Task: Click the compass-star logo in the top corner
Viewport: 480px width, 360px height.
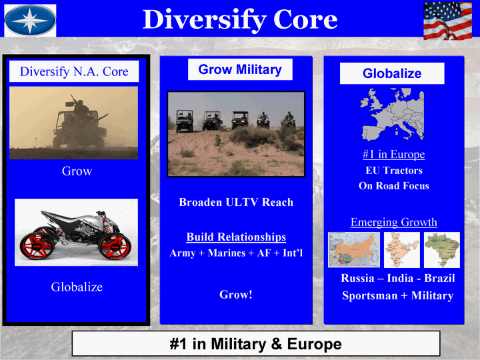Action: pyautogui.click(x=30, y=20)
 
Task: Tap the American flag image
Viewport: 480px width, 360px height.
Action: pyautogui.click(x=447, y=21)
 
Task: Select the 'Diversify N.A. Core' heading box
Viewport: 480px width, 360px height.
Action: pyautogui.click(x=74, y=71)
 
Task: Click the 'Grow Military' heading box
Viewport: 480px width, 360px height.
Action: pyautogui.click(x=240, y=69)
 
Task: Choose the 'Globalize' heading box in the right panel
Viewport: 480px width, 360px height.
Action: pyautogui.click(x=392, y=73)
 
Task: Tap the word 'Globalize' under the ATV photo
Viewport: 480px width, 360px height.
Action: pyautogui.click(x=77, y=287)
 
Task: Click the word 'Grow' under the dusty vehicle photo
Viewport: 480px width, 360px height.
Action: pyautogui.click(x=77, y=171)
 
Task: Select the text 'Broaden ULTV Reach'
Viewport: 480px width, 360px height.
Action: pyautogui.click(x=236, y=202)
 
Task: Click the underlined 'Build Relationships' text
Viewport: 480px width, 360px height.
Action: pyautogui.click(x=236, y=237)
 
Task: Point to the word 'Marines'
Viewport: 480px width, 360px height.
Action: pyautogui.click(x=227, y=253)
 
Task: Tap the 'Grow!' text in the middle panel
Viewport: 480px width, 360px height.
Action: pyautogui.click(x=236, y=295)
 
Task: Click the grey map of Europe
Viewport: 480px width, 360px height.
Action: pyautogui.click(x=392, y=114)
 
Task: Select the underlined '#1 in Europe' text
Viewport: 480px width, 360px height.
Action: pyautogui.click(x=394, y=154)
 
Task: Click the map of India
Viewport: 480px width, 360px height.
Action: pyautogui.click(x=401, y=250)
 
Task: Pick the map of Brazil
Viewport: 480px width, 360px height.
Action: pyautogui.click(x=442, y=250)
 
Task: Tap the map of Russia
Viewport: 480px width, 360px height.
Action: pyautogui.click(x=354, y=250)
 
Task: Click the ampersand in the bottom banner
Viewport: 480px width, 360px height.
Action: pyautogui.click(x=276, y=344)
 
